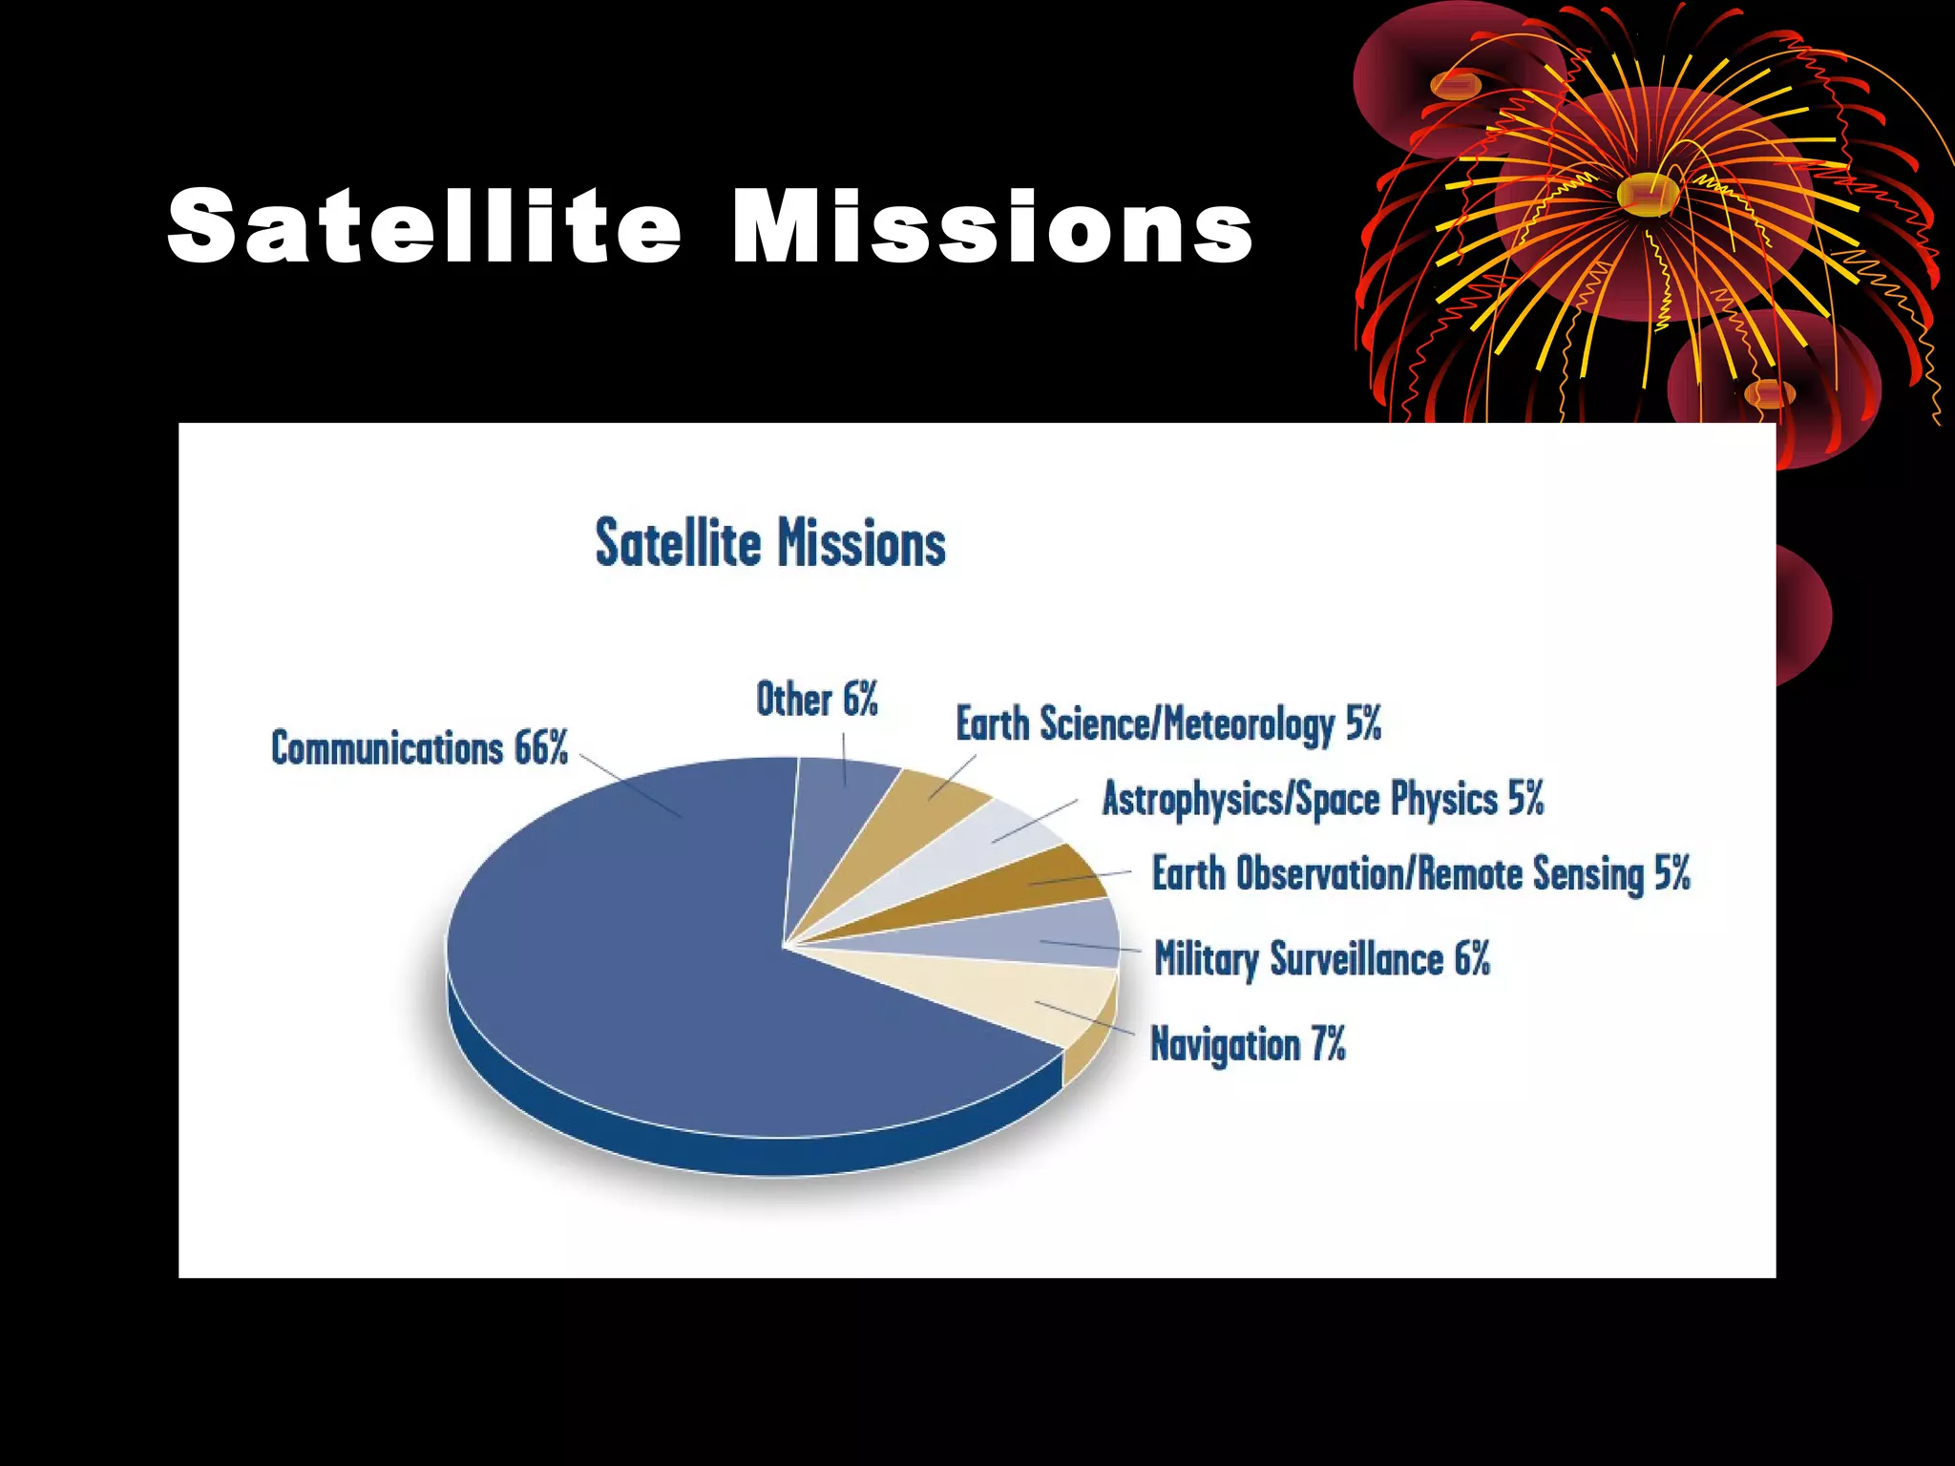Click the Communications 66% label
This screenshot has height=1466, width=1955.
pos(419,747)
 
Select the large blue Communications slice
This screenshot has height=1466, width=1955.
pos(649,964)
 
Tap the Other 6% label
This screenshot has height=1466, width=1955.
pos(816,700)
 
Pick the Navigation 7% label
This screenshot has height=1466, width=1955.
pos(1247,1044)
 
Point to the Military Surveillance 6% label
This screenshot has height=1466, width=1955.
pos(1321,959)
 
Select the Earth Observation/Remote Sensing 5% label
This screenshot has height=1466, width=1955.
pos(1420,874)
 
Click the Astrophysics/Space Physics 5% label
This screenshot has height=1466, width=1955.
pos(1322,799)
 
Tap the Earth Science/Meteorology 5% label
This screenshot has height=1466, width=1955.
pos(1167,724)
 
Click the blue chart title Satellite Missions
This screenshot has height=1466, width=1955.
pos(769,544)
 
